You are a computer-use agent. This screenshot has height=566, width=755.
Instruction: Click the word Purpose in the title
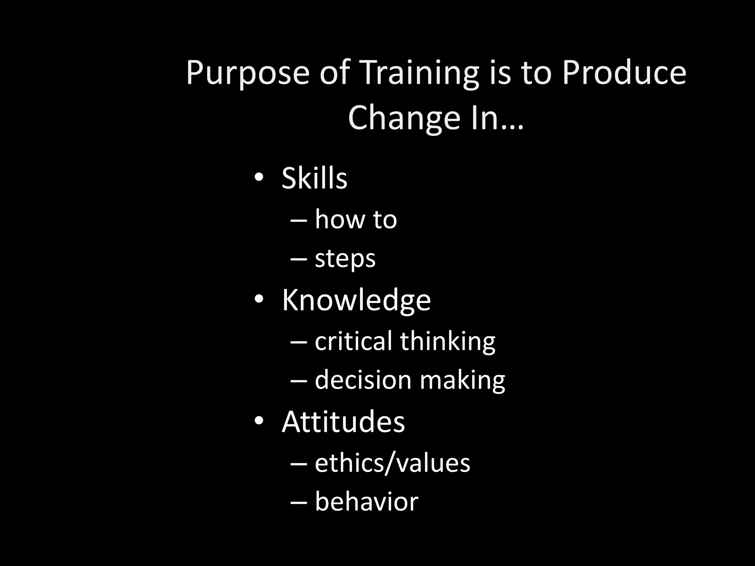pyautogui.click(x=247, y=74)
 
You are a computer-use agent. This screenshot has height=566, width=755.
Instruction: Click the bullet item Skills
pyautogui.click(x=314, y=178)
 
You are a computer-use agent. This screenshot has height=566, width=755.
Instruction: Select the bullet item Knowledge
pyautogui.click(x=356, y=300)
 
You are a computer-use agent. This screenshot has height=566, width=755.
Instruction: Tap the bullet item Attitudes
pyautogui.click(x=343, y=422)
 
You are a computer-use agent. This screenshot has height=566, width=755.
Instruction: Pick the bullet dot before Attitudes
pyautogui.click(x=259, y=421)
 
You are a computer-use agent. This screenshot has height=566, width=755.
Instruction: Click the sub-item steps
pyautogui.click(x=345, y=259)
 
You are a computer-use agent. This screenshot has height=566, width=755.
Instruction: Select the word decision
pyautogui.click(x=363, y=380)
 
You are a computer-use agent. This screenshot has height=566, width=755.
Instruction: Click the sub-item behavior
pyautogui.click(x=366, y=502)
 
